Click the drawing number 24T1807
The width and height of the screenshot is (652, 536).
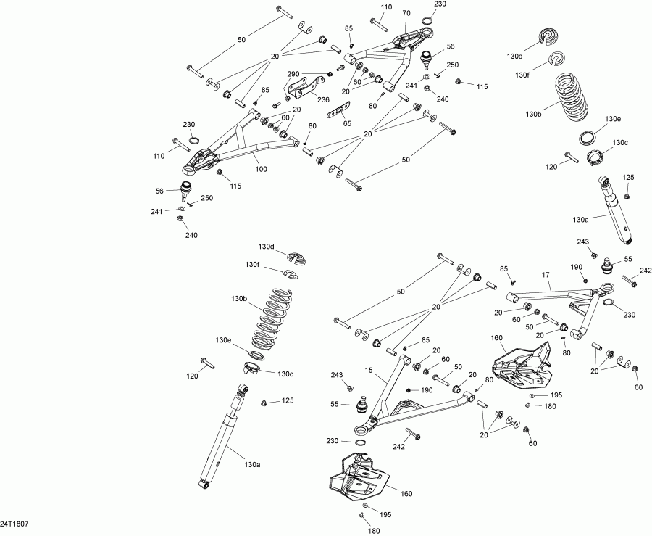point(14,524)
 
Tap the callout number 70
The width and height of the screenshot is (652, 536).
point(406,13)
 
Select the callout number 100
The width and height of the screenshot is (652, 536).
point(261,169)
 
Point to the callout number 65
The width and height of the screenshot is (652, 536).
point(347,123)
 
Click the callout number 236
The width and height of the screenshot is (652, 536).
point(323,100)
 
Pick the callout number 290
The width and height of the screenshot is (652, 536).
point(293,74)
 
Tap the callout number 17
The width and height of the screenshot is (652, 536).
point(546,275)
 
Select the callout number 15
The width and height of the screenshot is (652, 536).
point(369,370)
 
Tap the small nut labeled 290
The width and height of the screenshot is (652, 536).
point(330,74)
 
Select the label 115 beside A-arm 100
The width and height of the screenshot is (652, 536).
point(235,186)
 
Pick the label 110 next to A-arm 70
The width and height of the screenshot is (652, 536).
point(386,7)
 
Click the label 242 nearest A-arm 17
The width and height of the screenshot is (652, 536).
point(645,271)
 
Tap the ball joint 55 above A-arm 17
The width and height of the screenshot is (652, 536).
point(608,266)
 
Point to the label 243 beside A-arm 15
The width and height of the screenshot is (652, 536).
point(337,375)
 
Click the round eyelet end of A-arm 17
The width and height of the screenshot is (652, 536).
point(607,287)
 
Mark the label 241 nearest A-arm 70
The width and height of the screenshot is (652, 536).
point(411,86)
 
